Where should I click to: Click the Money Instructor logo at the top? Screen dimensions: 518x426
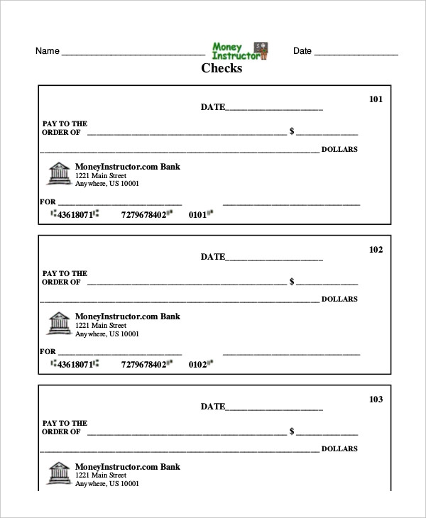(x=240, y=51)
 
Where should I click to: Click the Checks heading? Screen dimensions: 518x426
(x=222, y=69)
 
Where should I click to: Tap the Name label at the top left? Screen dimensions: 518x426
(x=47, y=51)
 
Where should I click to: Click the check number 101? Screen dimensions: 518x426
(x=376, y=99)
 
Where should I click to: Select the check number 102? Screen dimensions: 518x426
(x=376, y=250)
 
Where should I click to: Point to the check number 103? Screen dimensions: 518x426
(x=376, y=399)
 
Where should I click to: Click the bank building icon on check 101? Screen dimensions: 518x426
(x=60, y=175)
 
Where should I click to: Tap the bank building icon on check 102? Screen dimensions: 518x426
(x=60, y=324)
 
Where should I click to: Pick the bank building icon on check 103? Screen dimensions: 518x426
(x=60, y=474)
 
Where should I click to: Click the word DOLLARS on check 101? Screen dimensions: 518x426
(x=339, y=150)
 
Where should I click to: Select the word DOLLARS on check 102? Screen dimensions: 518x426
(x=339, y=299)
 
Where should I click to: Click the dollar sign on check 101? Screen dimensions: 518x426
(x=292, y=132)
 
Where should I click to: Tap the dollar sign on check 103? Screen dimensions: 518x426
(x=292, y=431)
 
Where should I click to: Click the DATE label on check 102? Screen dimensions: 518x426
(x=212, y=257)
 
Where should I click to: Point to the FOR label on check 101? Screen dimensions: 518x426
(x=48, y=202)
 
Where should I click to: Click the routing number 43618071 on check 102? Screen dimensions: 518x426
(x=75, y=364)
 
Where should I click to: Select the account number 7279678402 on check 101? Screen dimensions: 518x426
(x=143, y=214)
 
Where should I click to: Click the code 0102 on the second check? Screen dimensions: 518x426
(x=197, y=365)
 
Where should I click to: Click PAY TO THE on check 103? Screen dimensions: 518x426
(x=65, y=423)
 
